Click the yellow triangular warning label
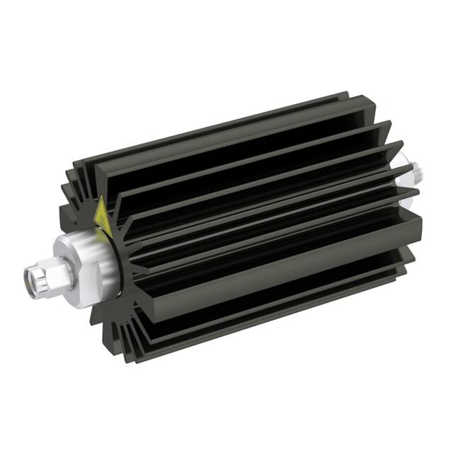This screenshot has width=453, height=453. click(103, 216)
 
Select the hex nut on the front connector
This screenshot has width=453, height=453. click(57, 272)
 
